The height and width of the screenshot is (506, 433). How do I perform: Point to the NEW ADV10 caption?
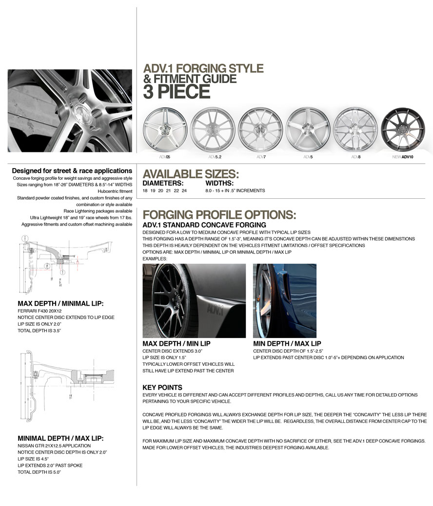(x=402, y=157)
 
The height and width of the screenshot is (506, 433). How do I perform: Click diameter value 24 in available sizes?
(x=184, y=190)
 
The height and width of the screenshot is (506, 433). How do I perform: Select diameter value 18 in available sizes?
(x=145, y=190)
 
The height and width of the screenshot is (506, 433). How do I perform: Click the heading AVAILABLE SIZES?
(x=191, y=174)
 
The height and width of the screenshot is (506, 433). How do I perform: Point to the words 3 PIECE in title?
(x=177, y=92)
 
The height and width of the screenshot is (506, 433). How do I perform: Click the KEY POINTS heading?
(x=162, y=387)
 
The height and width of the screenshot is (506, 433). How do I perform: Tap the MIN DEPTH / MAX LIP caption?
(x=287, y=343)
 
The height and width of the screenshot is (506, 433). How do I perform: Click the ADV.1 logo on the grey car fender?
(x=216, y=309)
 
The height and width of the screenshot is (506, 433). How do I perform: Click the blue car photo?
(x=284, y=300)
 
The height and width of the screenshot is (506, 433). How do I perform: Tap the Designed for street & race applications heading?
(x=72, y=171)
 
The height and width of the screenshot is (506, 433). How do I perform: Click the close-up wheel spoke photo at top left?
(x=70, y=110)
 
